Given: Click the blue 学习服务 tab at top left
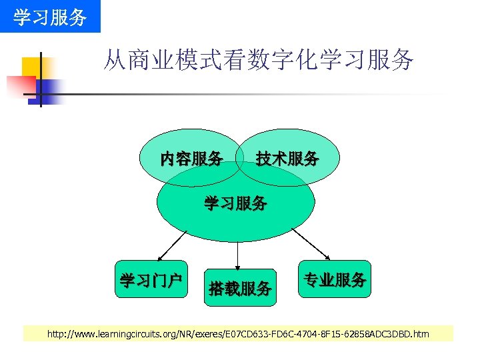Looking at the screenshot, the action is [50, 16].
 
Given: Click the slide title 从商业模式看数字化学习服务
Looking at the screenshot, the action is [258, 61].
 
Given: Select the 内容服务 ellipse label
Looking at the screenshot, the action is [191, 159].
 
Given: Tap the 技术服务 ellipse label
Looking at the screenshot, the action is [287, 159].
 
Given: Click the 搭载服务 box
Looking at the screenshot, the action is [240, 288].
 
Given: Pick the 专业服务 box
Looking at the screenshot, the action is [334, 279].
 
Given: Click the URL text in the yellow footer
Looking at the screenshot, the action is [238, 333].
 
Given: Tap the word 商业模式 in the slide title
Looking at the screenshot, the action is [165, 61].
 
